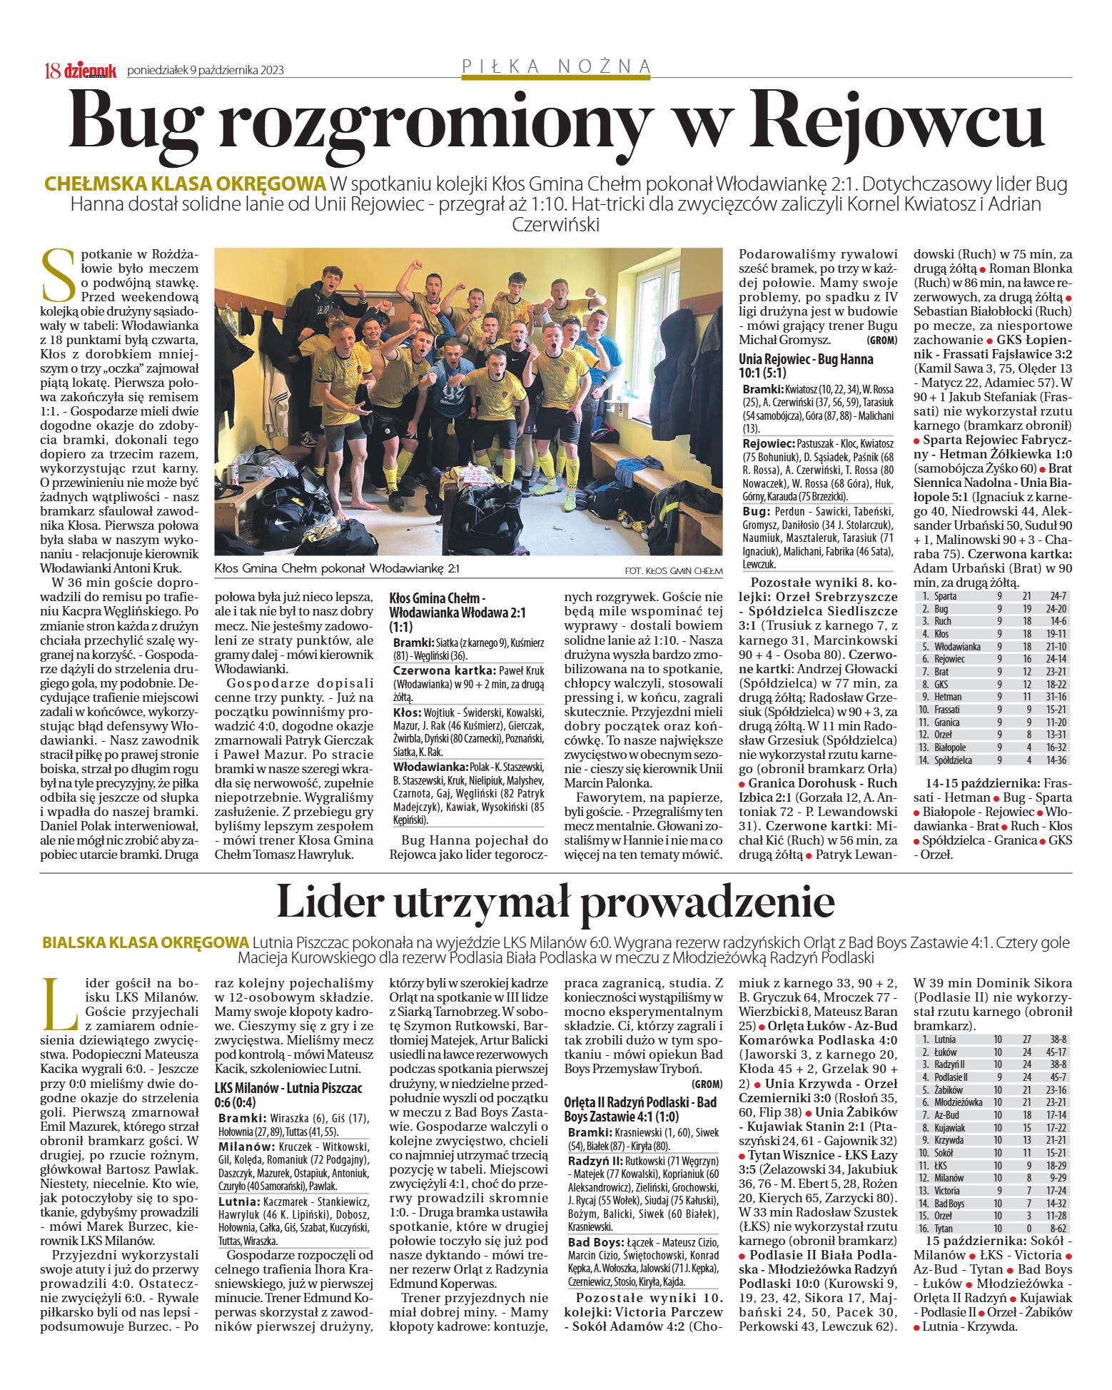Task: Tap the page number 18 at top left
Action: (52, 70)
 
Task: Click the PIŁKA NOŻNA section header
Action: (557, 66)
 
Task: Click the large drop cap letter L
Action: (59, 1003)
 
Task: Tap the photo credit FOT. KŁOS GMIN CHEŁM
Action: (673, 570)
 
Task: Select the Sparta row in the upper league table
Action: (992, 595)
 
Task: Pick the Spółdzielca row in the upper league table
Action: (992, 760)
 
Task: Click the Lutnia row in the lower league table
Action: (992, 1039)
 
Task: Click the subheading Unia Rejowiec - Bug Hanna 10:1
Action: (806, 366)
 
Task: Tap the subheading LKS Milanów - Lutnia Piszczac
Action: (288, 1095)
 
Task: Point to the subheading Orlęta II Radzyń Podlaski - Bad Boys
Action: (640, 1109)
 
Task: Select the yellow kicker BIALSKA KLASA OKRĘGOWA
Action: (146, 942)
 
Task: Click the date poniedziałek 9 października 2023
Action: (206, 70)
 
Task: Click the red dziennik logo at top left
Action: (90, 70)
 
